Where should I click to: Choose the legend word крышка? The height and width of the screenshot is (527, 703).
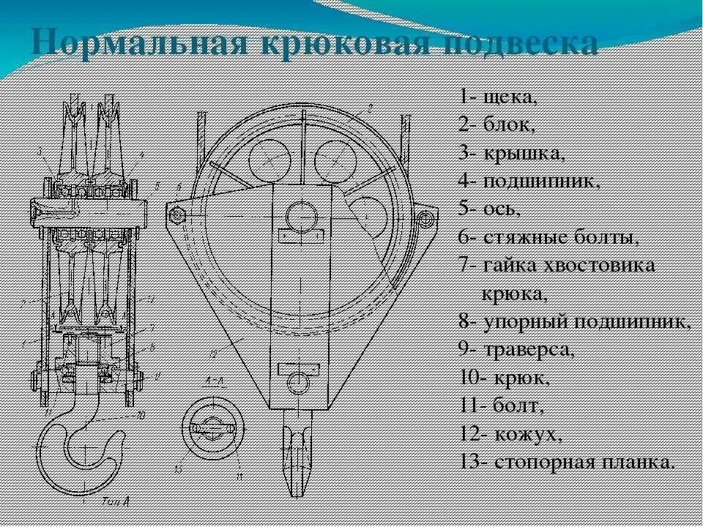click(523, 153)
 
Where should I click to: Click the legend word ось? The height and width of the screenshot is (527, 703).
click(502, 209)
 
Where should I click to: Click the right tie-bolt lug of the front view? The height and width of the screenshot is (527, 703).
click(425, 216)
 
